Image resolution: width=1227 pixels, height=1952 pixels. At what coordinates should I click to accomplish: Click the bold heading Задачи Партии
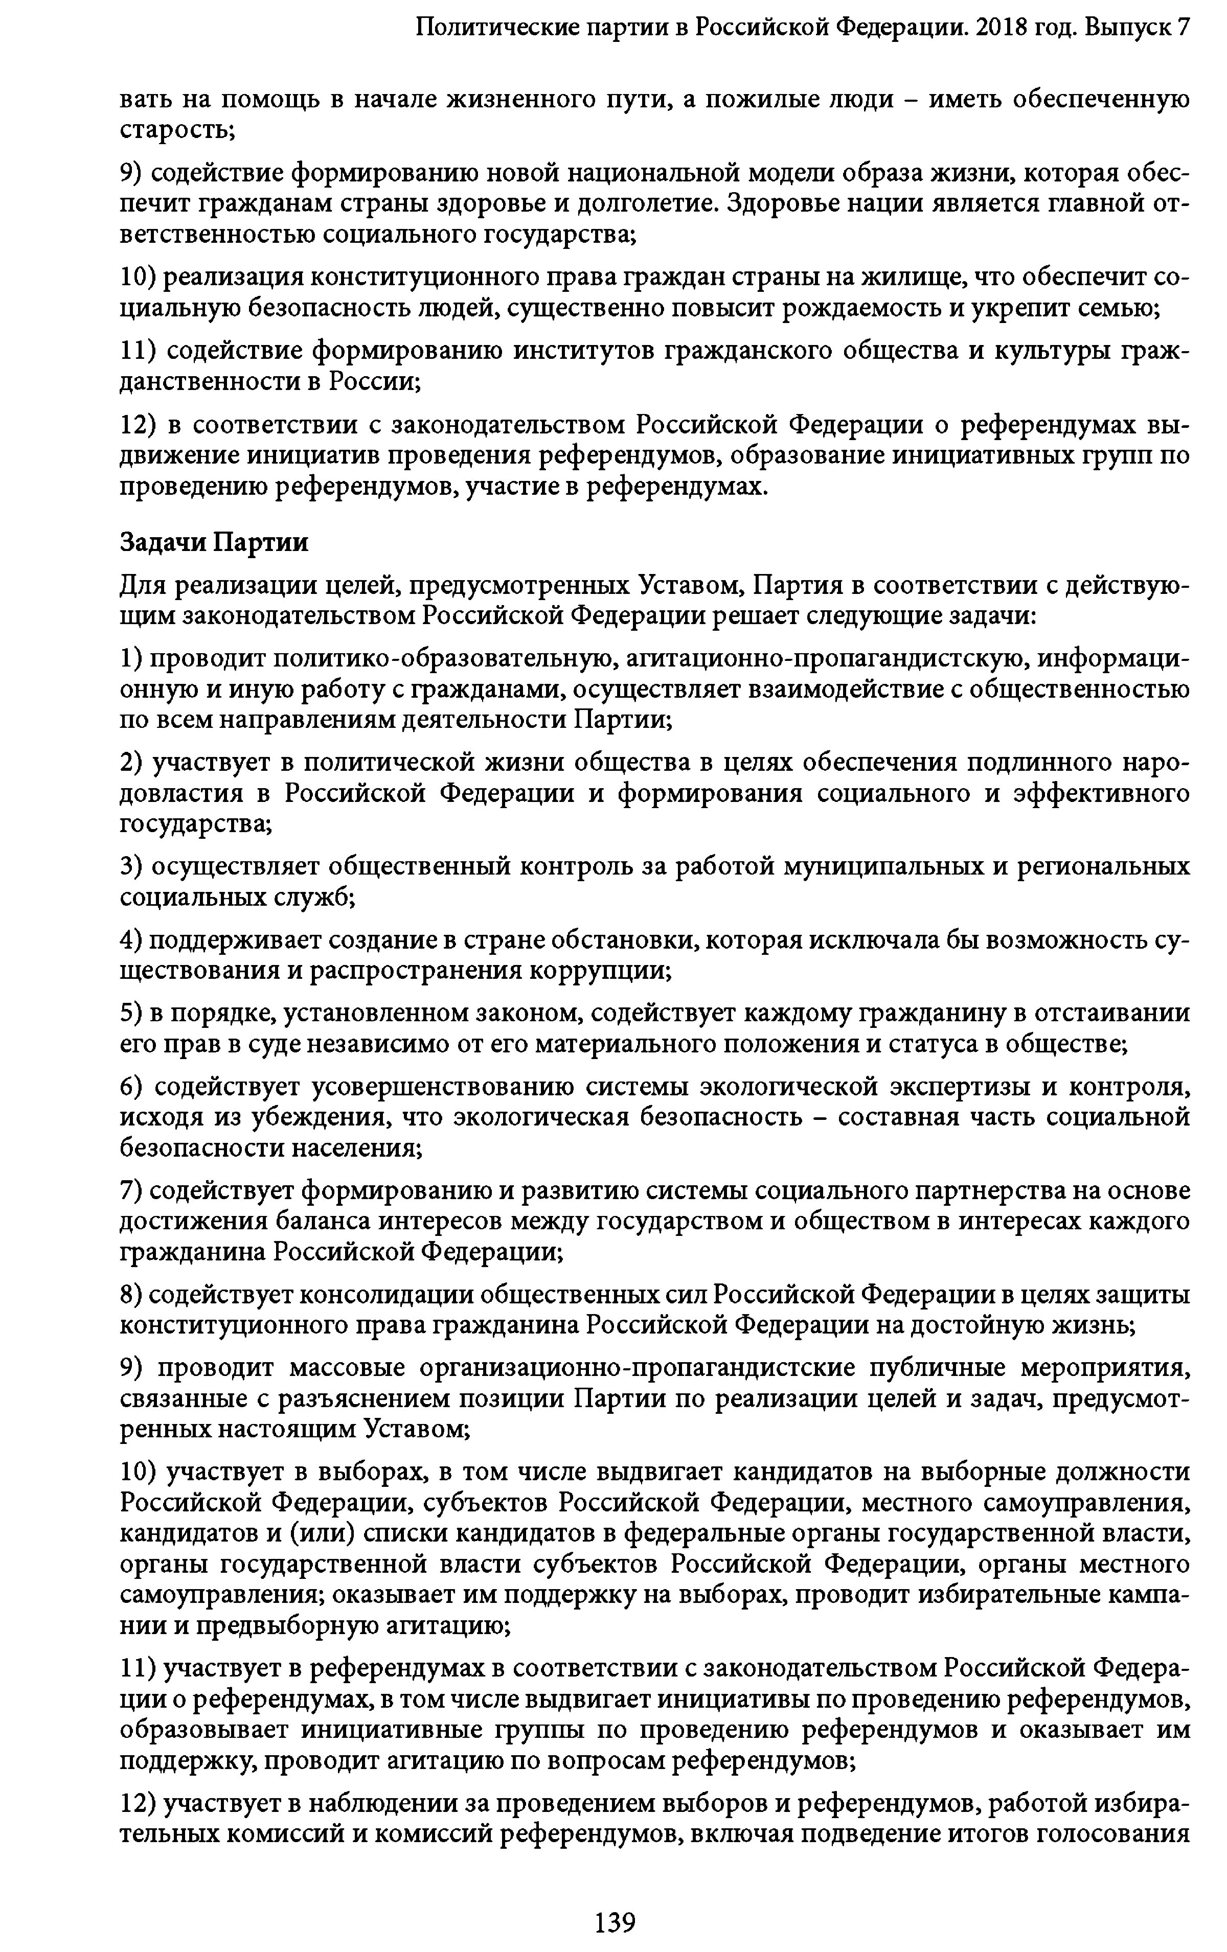[x=214, y=541]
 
